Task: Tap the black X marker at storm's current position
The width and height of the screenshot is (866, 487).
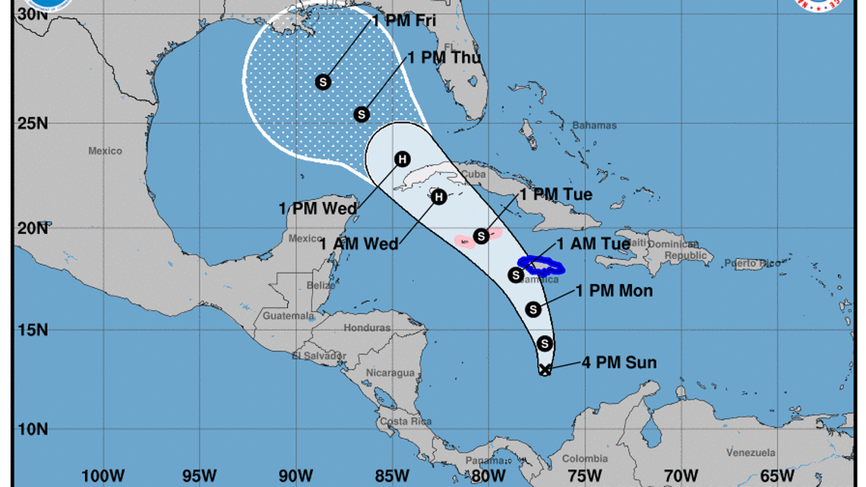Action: coord(545,369)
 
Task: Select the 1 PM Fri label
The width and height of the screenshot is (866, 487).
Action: coord(403,21)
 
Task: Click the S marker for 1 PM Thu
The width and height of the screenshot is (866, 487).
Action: coord(362,114)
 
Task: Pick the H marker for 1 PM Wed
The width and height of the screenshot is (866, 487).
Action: coord(402,159)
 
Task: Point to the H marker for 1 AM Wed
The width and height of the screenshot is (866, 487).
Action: coord(438,198)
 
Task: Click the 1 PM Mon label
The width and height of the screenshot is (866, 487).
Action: coord(614,290)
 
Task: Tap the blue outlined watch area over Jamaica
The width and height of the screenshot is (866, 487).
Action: coord(542,266)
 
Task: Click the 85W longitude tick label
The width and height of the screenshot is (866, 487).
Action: coord(393,476)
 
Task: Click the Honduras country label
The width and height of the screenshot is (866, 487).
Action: coord(367,328)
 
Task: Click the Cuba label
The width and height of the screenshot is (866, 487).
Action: coord(473,173)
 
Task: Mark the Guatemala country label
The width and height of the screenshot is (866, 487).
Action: coord(288,315)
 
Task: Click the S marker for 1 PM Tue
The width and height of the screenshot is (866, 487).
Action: coord(481,236)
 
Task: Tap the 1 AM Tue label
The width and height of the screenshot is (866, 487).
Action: coord(593,244)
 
